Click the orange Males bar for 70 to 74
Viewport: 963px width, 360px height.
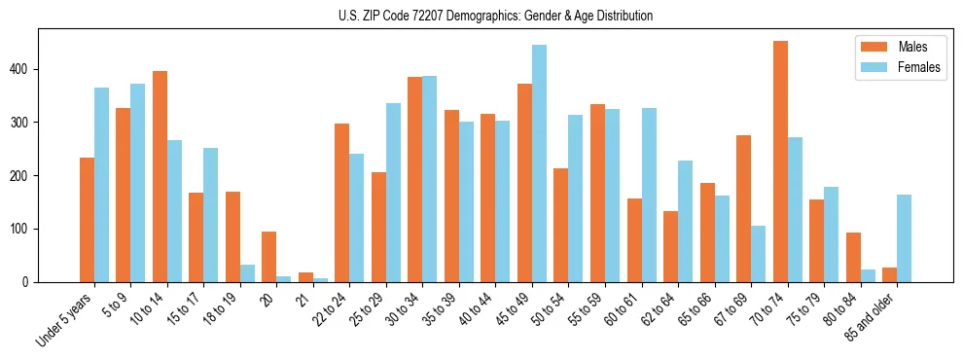click(780, 162)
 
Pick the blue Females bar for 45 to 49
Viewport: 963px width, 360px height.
click(539, 163)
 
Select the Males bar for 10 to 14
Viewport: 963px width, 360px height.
click(160, 177)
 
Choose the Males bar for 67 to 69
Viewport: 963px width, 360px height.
click(743, 209)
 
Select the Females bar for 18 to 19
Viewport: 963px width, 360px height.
click(247, 273)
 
